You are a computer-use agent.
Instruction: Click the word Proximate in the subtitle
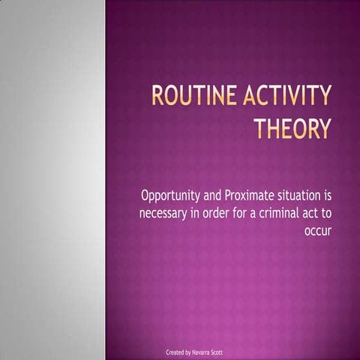(x=250, y=196)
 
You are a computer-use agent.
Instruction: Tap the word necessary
(x=166, y=214)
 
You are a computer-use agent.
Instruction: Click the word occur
(x=318, y=231)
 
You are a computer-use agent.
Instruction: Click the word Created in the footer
(x=175, y=352)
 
